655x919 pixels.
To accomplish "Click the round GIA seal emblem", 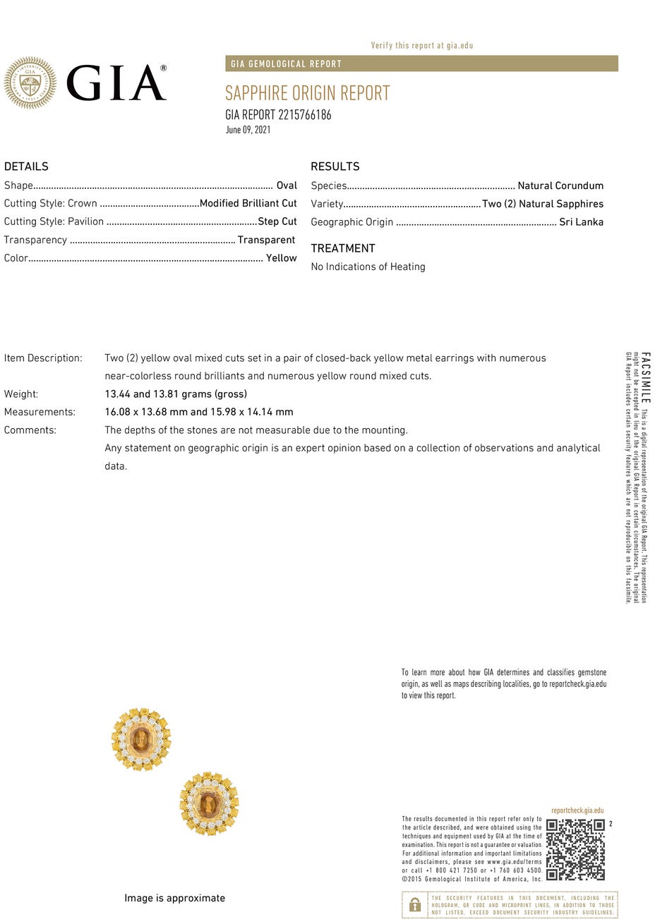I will click(30, 83).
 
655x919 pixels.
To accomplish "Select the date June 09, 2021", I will click(248, 130).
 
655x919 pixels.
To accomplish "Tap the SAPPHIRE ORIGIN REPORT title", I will click(307, 93).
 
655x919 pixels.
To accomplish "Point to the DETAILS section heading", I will click(26, 166).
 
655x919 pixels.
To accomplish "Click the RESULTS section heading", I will click(335, 166).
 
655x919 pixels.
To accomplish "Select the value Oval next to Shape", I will click(287, 185).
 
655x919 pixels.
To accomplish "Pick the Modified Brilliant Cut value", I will click(248, 203).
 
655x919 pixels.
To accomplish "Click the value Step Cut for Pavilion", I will click(277, 221).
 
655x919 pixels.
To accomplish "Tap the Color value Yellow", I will click(281, 258).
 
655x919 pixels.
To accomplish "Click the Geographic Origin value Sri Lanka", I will click(581, 222).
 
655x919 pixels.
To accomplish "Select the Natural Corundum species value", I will click(560, 185).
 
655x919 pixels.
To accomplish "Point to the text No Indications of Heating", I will click(368, 267).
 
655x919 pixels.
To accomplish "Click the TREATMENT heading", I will click(343, 248).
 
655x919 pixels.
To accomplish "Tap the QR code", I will click(575, 849).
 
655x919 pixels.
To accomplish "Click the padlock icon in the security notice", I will click(415, 905).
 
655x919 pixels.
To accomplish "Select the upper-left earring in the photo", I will click(141, 738).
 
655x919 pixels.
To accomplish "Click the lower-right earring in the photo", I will click(209, 804).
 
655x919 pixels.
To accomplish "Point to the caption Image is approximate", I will click(174, 898).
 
